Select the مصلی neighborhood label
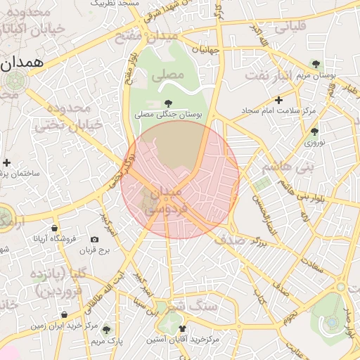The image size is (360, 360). pos(168,73)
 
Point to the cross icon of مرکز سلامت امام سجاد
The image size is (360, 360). pos(278,101)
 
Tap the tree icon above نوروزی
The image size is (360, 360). pos(314,131)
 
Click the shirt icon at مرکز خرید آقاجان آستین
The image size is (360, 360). pos(183,328)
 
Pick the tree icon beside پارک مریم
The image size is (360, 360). pos(106,329)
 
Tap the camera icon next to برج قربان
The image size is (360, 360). pos(94,240)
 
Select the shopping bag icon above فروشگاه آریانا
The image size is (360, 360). pos(54,228)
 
